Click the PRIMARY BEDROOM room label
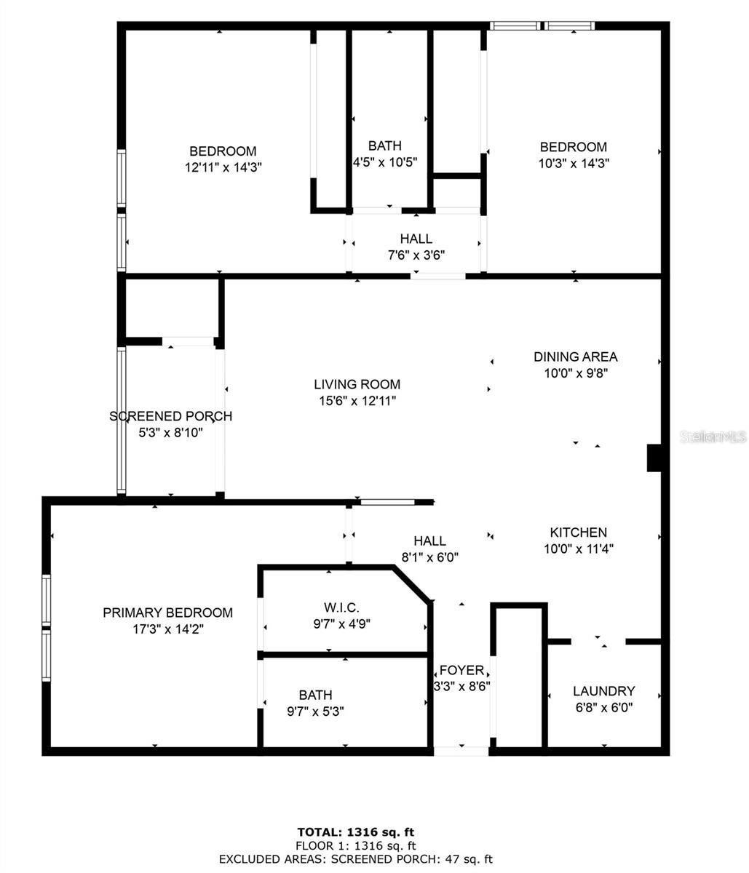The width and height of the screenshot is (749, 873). (x=167, y=613)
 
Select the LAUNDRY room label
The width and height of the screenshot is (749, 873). (x=603, y=691)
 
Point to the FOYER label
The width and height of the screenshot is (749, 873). (x=461, y=670)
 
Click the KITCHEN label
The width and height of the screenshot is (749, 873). (x=578, y=533)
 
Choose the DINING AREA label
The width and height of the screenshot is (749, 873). (x=575, y=356)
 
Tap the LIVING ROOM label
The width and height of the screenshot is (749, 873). (x=357, y=384)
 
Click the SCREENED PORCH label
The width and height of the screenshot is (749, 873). (x=170, y=416)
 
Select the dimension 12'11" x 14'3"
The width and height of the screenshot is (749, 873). (x=223, y=167)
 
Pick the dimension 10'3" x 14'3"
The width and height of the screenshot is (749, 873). (x=574, y=164)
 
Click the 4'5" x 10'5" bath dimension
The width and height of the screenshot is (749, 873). (x=384, y=162)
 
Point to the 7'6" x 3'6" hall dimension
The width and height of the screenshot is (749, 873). (x=416, y=255)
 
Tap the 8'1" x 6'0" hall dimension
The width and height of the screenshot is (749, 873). (x=429, y=557)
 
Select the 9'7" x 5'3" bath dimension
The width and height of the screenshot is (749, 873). (x=315, y=711)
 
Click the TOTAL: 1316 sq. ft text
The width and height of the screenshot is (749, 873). (x=356, y=832)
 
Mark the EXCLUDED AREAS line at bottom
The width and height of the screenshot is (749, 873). (x=356, y=859)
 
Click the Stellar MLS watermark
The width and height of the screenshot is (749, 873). (x=713, y=436)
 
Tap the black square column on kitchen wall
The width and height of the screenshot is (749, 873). (x=654, y=458)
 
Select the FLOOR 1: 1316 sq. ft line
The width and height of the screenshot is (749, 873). (x=356, y=845)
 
